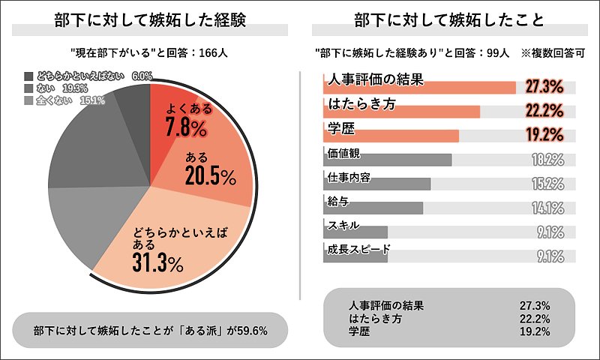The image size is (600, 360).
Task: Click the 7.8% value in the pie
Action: pos(186,128)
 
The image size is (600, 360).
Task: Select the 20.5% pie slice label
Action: pos(209,176)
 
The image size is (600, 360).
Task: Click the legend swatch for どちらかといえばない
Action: pos(28,76)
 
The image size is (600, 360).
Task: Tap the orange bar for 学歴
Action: pos(389,136)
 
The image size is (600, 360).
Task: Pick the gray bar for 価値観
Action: pos(385,160)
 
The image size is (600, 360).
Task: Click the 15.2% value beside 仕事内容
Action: pos(547,184)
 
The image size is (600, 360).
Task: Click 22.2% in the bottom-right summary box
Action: pos(535,318)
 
